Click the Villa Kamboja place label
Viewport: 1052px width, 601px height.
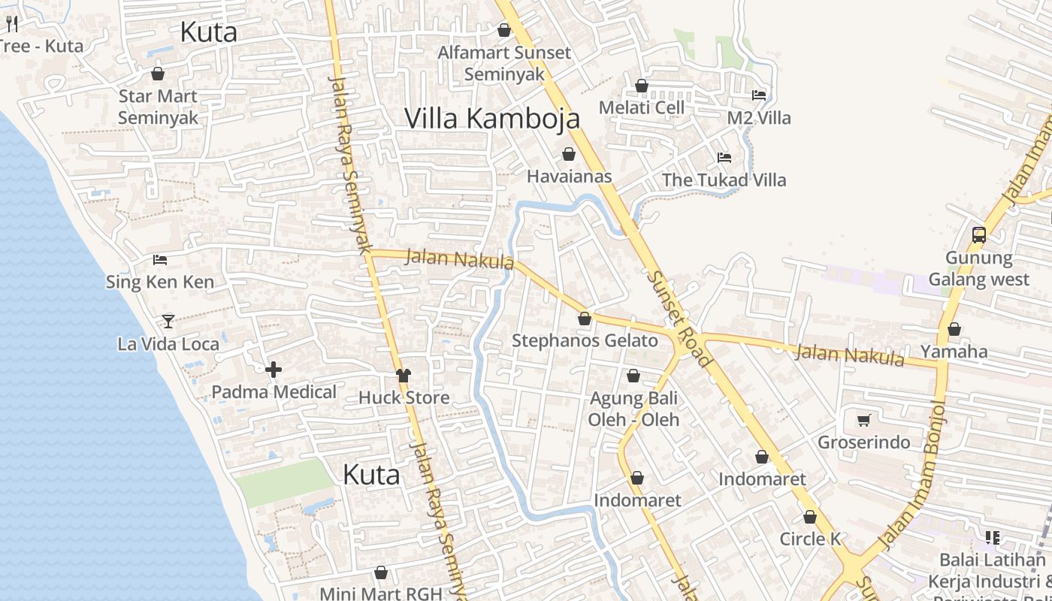[x=492, y=119]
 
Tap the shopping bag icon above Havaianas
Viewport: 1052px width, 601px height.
[x=569, y=154]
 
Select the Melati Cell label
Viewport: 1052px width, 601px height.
[x=642, y=107]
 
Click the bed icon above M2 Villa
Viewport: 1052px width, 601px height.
[x=759, y=95]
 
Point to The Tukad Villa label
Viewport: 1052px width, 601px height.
[x=724, y=180]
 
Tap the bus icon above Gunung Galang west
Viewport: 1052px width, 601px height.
[x=978, y=234]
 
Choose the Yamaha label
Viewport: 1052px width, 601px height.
[x=954, y=352]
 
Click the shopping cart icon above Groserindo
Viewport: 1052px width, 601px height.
[x=864, y=420]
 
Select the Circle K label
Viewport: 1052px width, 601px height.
[x=809, y=539]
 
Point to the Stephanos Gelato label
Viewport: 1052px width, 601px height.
[x=585, y=341]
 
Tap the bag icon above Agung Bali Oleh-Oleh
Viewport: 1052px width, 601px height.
[x=633, y=376]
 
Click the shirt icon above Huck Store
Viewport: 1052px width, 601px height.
[x=404, y=375]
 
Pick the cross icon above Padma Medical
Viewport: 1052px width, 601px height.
[x=274, y=369]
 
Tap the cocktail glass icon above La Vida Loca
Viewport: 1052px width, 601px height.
[x=168, y=322]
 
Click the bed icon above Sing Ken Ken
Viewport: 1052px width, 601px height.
[x=159, y=260]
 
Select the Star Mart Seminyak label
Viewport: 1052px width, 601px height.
[x=158, y=107]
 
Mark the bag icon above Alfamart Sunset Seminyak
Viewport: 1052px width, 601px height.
[x=504, y=30]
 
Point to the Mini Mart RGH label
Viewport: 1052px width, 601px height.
[x=381, y=593]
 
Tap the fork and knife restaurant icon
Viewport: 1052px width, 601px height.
[x=11, y=24]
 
